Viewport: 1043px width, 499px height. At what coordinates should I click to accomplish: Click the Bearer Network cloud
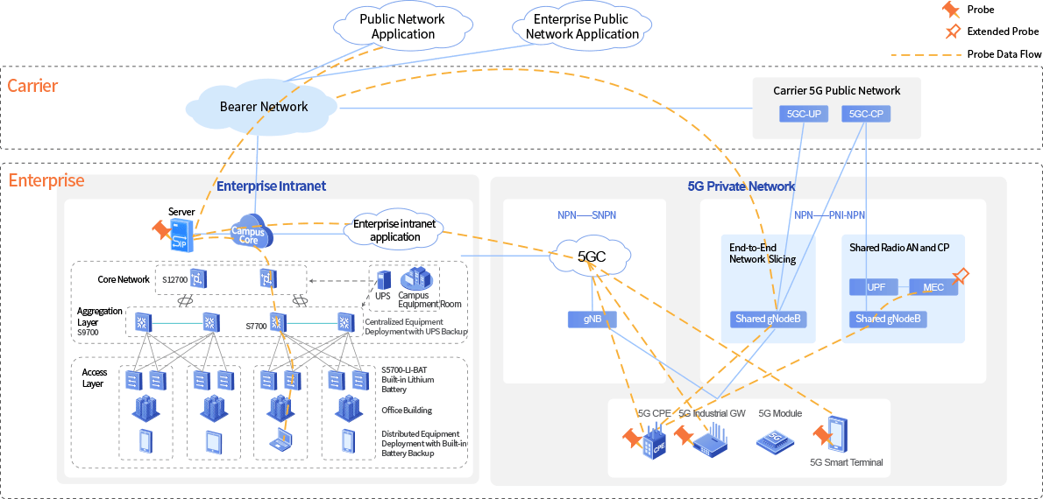point(263,107)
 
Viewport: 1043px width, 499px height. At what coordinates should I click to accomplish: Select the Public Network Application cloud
point(402,26)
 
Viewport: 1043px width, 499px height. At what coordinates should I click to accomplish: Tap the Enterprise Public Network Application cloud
point(582,26)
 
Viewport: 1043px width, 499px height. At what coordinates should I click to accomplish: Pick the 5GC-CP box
point(867,114)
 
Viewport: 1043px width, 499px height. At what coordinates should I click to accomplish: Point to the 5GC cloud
point(592,257)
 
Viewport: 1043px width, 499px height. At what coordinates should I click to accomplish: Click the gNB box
point(592,320)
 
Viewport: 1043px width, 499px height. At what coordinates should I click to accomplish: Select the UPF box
point(876,287)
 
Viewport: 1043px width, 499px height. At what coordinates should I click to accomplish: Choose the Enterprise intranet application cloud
point(394,230)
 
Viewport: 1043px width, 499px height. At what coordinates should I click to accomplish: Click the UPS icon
point(383,280)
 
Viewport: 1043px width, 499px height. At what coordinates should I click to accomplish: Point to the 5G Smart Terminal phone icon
point(837,435)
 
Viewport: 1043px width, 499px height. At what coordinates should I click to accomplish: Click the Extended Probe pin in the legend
point(952,32)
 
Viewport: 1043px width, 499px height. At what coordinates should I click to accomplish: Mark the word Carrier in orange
point(32,86)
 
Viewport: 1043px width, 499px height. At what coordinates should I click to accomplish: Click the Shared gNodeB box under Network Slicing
point(768,320)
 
